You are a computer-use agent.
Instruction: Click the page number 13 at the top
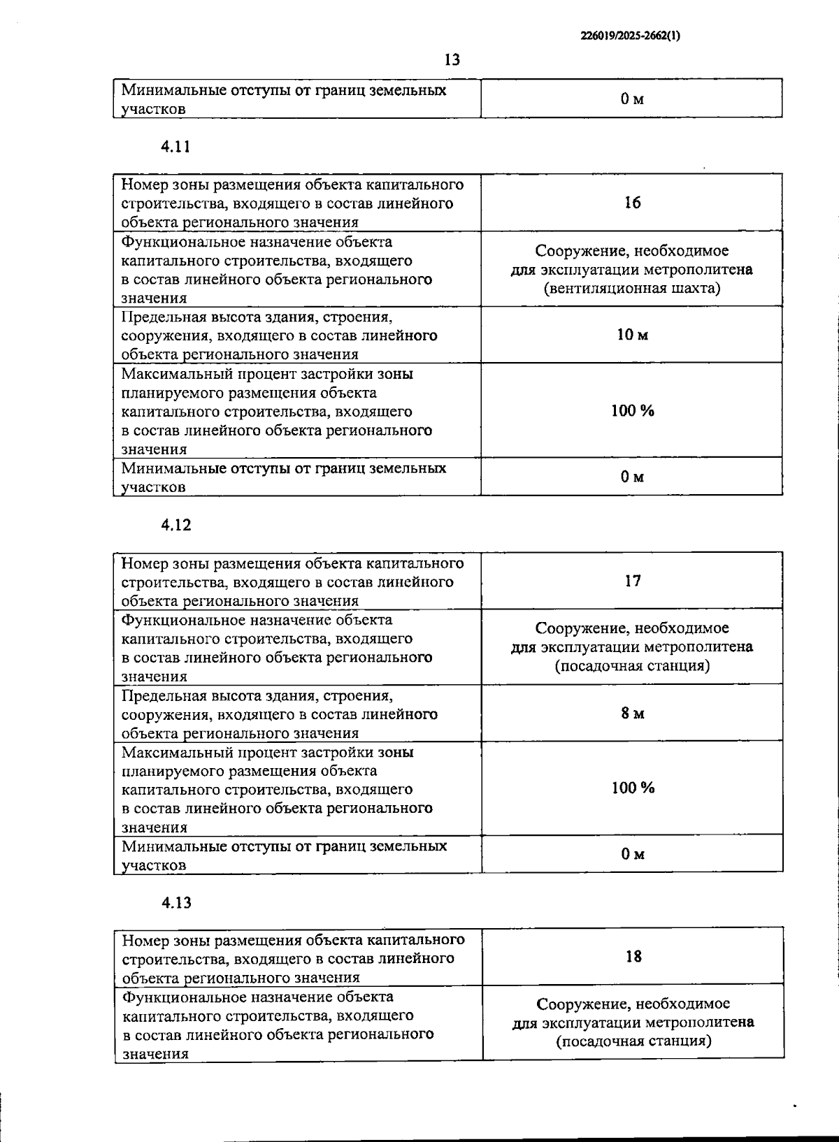(x=452, y=60)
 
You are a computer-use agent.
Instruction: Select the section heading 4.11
(x=175, y=147)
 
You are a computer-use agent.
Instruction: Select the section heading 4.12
(x=175, y=525)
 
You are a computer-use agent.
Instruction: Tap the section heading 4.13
(x=176, y=902)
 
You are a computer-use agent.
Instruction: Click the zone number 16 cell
(x=632, y=203)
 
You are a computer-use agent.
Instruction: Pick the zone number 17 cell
(x=632, y=581)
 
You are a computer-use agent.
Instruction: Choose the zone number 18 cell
(x=633, y=956)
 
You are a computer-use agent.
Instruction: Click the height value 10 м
(x=632, y=335)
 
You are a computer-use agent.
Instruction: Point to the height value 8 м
(x=633, y=713)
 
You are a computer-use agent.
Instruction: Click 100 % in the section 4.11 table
(x=633, y=410)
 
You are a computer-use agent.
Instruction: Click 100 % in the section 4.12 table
(x=633, y=788)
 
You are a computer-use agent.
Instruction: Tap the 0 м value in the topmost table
(x=632, y=99)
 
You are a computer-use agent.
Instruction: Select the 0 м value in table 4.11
(x=632, y=477)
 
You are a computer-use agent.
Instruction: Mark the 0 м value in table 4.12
(x=633, y=854)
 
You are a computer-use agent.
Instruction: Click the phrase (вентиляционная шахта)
(x=632, y=288)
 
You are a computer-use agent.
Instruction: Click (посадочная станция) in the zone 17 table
(x=632, y=665)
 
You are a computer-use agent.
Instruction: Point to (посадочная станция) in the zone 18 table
(x=633, y=1041)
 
